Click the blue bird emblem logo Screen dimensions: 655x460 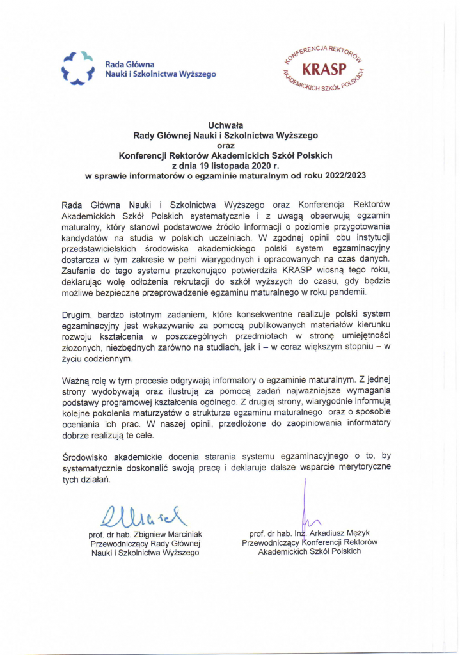(77, 68)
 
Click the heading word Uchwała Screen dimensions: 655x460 (225, 125)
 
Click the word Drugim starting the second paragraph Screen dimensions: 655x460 (77, 315)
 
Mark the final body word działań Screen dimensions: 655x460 (95, 478)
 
